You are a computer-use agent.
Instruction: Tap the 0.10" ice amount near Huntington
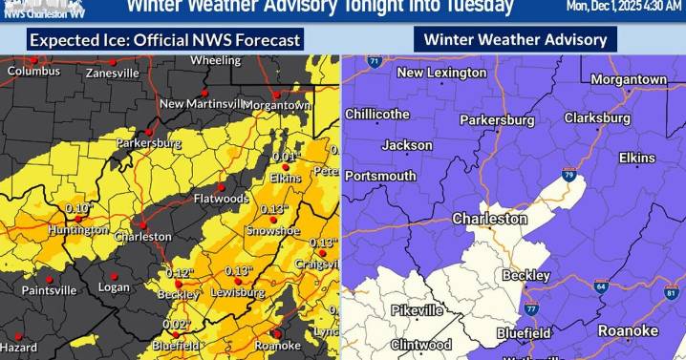[x=79, y=207]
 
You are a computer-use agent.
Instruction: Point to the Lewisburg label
[x=237, y=292]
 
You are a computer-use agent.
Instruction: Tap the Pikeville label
[x=417, y=311]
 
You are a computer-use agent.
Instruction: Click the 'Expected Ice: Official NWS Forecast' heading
[x=165, y=40]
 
